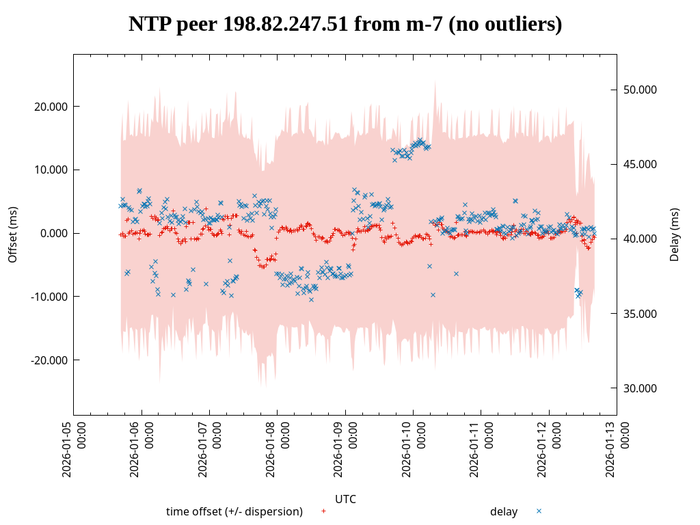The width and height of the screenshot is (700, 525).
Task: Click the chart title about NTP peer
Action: coord(345,24)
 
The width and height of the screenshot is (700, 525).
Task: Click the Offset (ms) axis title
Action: coord(12,234)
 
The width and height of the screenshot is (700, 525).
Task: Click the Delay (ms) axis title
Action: coord(675,234)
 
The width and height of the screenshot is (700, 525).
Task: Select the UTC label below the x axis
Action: coord(345,499)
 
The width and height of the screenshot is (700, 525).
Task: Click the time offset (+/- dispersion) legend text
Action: coord(234,512)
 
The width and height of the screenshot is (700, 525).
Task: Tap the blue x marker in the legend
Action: coord(539,511)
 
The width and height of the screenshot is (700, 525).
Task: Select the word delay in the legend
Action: coord(504,512)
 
